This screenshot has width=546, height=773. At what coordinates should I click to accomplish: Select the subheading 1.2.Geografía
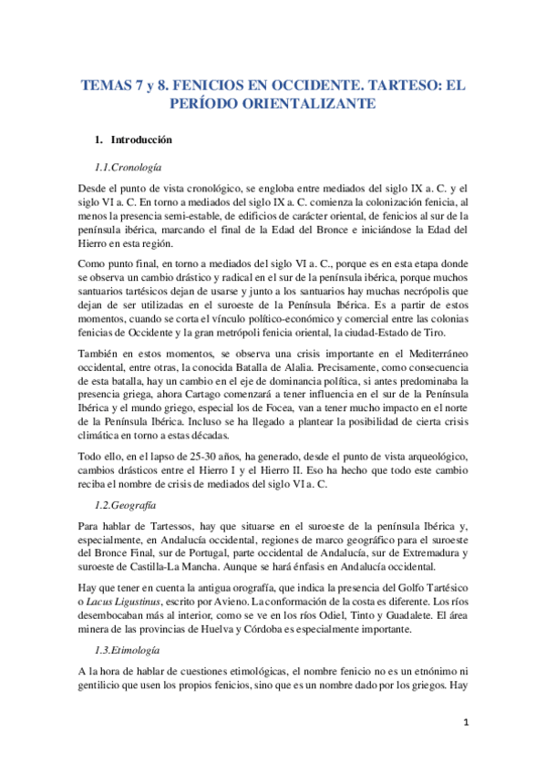coord(127,503)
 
